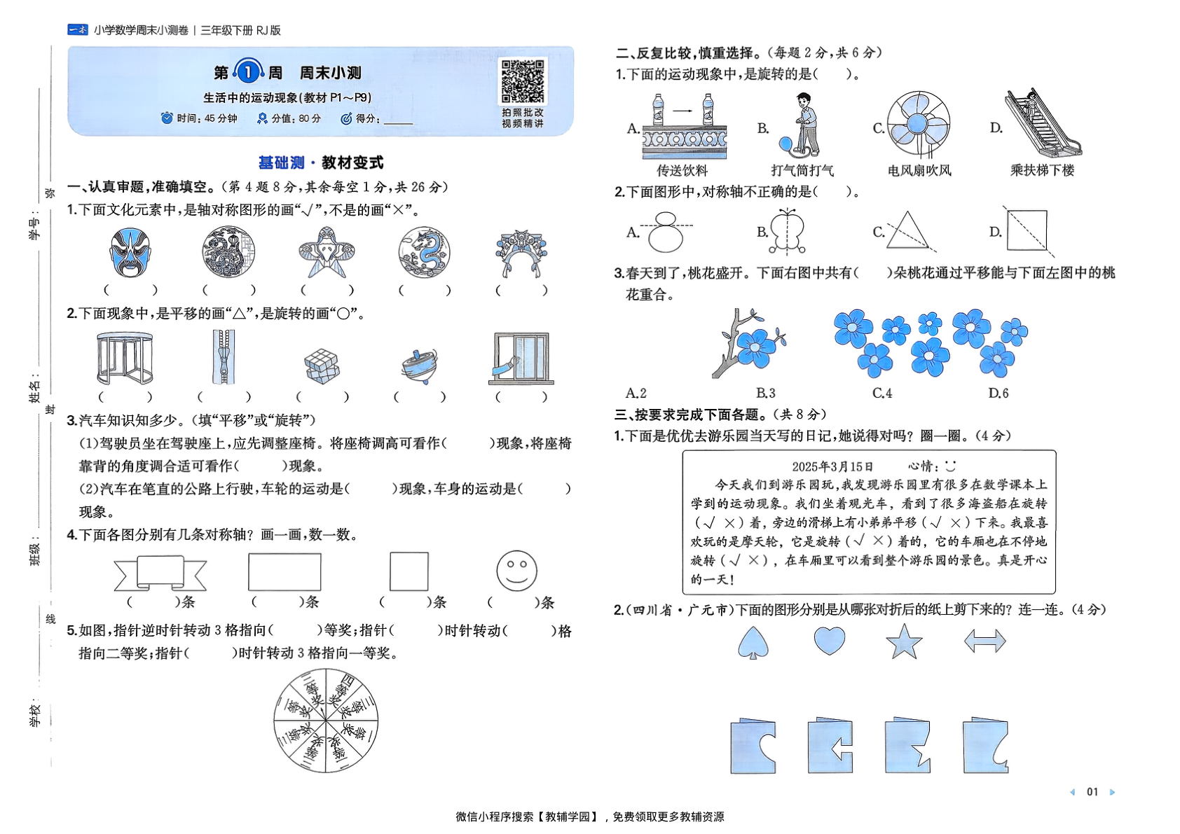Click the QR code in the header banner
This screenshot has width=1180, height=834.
pyautogui.click(x=523, y=82)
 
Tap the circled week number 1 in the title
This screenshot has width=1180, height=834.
pyautogui.click(x=247, y=72)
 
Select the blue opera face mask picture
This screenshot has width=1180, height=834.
pyautogui.click(x=130, y=252)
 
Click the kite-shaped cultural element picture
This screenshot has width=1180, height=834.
pyautogui.click(x=326, y=252)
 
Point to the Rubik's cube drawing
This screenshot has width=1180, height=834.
pyautogui.click(x=322, y=366)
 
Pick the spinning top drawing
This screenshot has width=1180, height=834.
pyautogui.click(x=419, y=365)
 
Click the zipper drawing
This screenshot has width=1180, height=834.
pyautogui.click(x=224, y=357)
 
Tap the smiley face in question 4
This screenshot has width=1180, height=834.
pyautogui.click(x=516, y=571)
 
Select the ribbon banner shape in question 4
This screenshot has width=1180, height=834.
pyautogui.click(x=160, y=574)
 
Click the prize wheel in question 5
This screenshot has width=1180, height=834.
pyautogui.click(x=326, y=721)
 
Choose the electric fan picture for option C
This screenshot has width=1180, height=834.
pyautogui.click(x=919, y=123)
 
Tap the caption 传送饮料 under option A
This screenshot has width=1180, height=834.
pyautogui.click(x=682, y=170)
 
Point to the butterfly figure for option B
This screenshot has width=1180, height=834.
pyautogui.click(x=788, y=230)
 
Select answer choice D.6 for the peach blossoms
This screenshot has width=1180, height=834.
pyautogui.click(x=999, y=393)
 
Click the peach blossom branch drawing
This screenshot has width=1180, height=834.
pyautogui.click(x=746, y=342)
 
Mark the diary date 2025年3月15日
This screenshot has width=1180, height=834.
pyautogui.click(x=832, y=466)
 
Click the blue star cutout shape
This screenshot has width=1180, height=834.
pyautogui.click(x=904, y=641)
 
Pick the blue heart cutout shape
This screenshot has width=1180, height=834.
pyautogui.click(x=830, y=640)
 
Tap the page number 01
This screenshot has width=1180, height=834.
pyautogui.click(x=1092, y=792)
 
